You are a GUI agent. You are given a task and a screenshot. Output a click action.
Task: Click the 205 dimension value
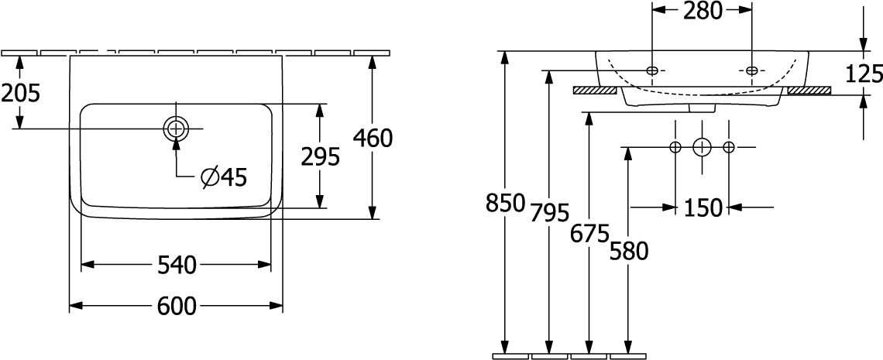(x=21, y=93)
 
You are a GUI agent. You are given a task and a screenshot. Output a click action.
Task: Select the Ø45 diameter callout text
(x=224, y=178)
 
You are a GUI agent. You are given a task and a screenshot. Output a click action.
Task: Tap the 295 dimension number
(x=320, y=157)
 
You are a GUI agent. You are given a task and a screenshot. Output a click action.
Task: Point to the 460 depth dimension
(x=372, y=138)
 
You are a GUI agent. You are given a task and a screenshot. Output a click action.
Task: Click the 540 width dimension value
(x=177, y=264)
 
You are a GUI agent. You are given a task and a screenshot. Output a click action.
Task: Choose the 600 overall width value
(x=177, y=306)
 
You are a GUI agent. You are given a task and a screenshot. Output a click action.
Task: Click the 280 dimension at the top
(x=703, y=11)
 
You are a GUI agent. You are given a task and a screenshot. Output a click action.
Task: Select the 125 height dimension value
(x=864, y=74)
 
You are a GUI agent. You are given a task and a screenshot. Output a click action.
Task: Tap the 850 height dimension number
(x=505, y=203)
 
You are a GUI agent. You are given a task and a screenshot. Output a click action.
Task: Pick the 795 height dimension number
(x=550, y=212)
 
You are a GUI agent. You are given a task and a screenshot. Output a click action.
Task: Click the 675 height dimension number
(x=589, y=233)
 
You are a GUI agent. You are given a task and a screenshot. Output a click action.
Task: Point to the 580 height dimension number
(x=629, y=252)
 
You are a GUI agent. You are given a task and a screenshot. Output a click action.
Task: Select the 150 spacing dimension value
(x=703, y=208)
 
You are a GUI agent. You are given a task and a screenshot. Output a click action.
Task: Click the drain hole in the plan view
(x=176, y=129)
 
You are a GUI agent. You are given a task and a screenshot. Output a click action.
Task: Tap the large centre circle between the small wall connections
(x=702, y=147)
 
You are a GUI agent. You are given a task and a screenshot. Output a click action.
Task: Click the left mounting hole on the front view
(x=652, y=70)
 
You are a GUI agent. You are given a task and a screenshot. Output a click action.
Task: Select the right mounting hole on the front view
(x=752, y=70)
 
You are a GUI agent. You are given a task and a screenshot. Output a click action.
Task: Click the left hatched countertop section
(x=595, y=90)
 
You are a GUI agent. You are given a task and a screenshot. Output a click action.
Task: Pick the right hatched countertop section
(x=809, y=90)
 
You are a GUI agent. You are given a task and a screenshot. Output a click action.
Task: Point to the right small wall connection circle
(x=729, y=147)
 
